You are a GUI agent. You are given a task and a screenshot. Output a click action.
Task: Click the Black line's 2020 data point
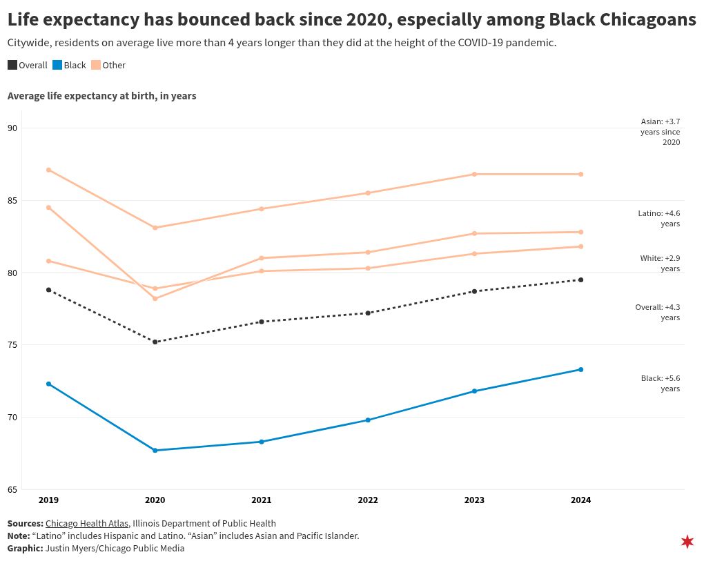pos(155,451)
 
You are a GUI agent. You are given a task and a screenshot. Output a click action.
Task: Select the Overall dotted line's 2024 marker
pos(581,279)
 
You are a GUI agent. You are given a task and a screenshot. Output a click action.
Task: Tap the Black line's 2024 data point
pos(581,369)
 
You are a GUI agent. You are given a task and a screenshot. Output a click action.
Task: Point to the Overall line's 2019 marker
pos(48,290)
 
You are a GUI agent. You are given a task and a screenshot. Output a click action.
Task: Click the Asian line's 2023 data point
pos(475,174)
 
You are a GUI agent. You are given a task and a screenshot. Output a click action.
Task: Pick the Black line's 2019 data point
pos(48,384)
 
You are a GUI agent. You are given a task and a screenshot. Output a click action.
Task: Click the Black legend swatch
pos(57,65)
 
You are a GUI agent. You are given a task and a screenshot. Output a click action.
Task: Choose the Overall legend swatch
pos(12,65)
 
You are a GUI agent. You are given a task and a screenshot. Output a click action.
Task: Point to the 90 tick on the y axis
pos(12,128)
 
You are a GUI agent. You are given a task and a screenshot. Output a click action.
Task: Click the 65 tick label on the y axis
pos(12,490)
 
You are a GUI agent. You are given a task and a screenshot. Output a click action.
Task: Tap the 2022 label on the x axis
pos(368,500)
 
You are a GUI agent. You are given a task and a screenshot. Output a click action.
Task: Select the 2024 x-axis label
pos(581,500)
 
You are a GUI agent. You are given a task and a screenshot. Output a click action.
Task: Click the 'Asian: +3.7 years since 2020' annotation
pos(661,132)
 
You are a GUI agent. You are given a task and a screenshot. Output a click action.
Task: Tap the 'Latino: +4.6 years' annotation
pos(659,219)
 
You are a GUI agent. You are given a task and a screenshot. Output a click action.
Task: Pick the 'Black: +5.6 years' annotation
pos(661,384)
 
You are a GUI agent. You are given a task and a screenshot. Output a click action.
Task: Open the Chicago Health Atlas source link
pos(87,523)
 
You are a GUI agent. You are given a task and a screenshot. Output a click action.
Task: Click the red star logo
pos(687,542)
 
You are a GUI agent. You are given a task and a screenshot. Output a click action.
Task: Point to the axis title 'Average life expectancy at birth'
pos(102,96)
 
